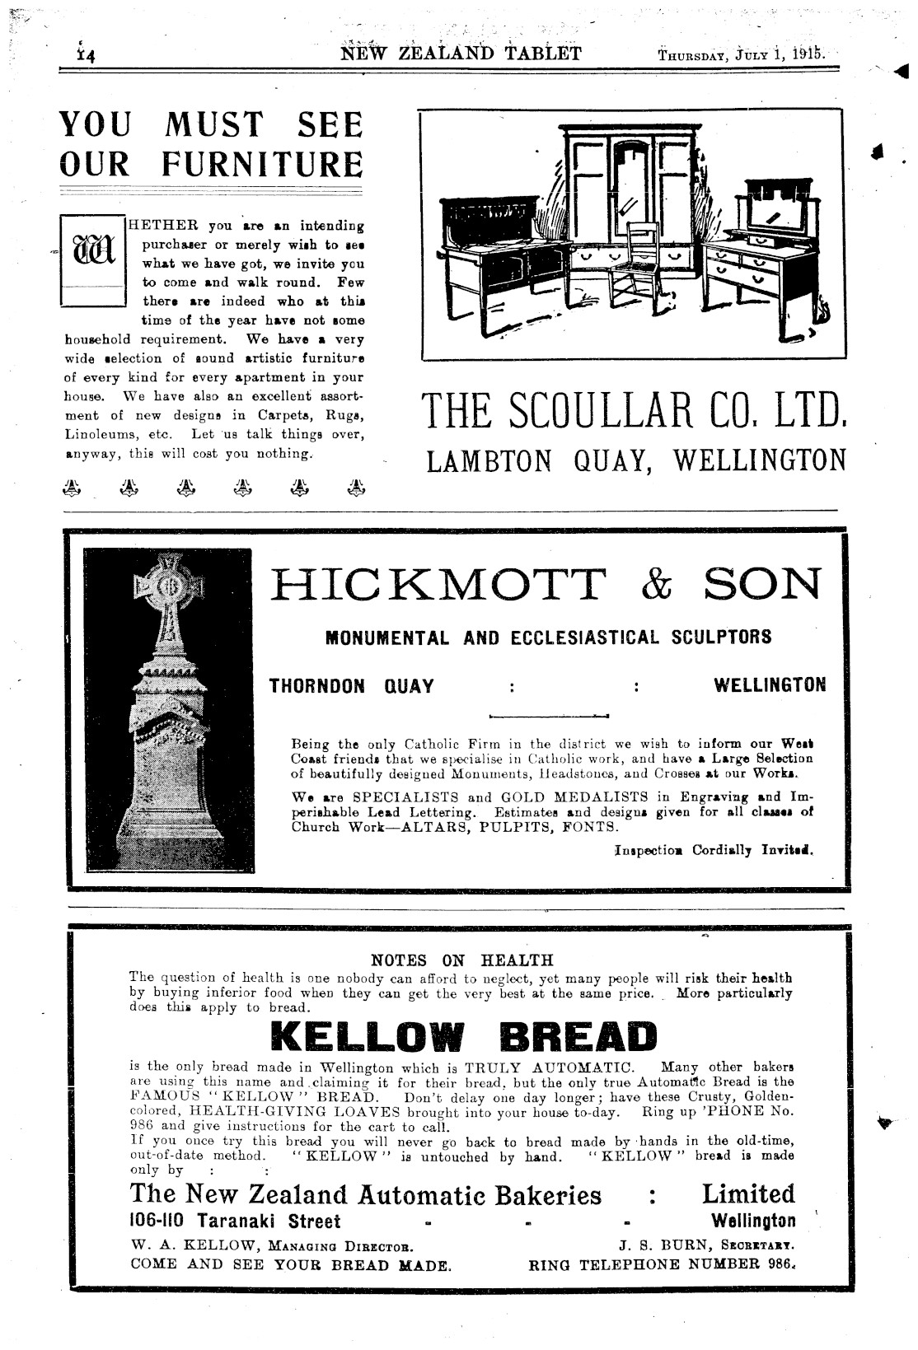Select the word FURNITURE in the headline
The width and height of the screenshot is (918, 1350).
pos(261,163)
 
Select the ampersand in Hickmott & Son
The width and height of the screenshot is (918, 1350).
pos(656,584)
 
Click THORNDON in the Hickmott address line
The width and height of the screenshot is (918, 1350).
pos(317,686)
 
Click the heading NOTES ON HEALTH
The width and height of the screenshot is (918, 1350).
pos(462,960)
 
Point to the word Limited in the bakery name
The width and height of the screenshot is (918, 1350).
pos(748,1194)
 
